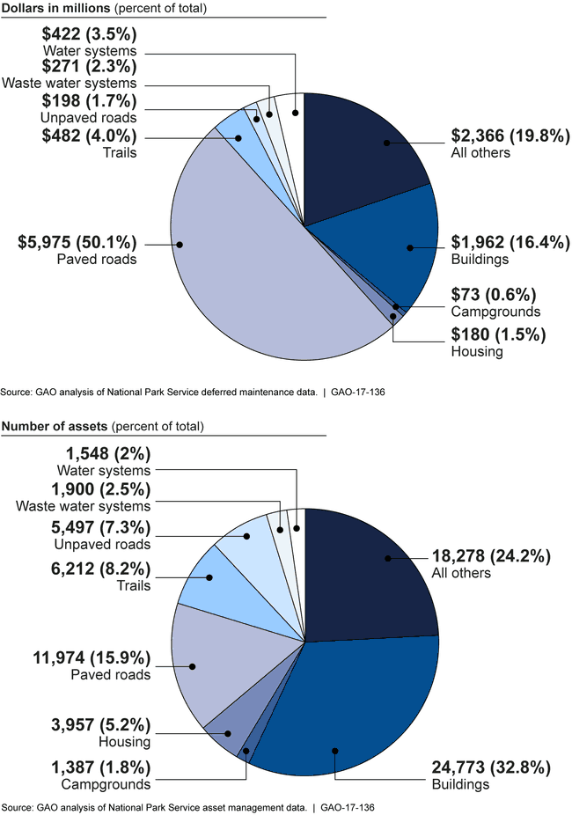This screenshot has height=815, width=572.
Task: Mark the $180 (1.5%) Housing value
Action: click(499, 334)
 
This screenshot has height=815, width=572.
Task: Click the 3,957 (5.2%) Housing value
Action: click(99, 724)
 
